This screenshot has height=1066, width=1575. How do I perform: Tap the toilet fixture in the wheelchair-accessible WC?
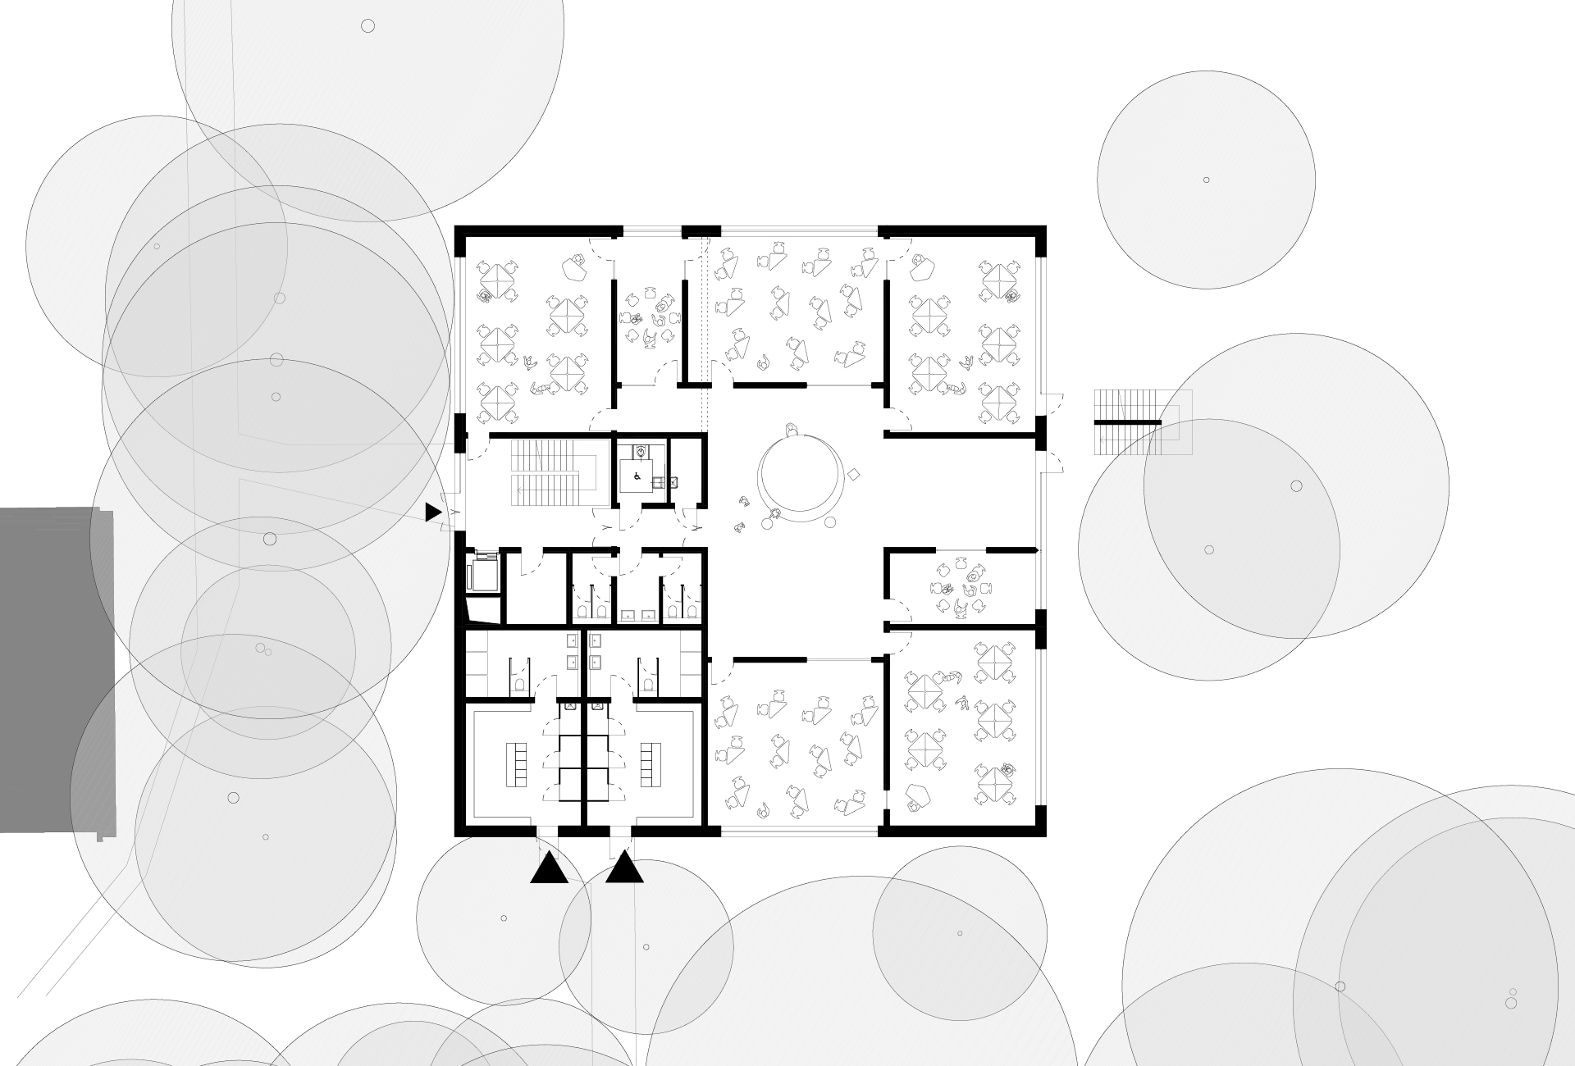click(x=641, y=451)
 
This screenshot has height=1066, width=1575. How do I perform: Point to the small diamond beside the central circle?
click(x=854, y=474)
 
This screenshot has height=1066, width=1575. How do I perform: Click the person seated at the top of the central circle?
click(x=791, y=430)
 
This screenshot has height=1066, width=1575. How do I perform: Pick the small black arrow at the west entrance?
click(x=432, y=512)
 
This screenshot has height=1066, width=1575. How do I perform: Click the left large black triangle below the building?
click(x=549, y=868)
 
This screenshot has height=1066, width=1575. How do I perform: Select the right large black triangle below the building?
click(x=624, y=868)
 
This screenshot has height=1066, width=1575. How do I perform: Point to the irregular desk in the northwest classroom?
click(x=573, y=265)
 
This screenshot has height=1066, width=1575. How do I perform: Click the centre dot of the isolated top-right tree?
click(x=1206, y=180)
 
